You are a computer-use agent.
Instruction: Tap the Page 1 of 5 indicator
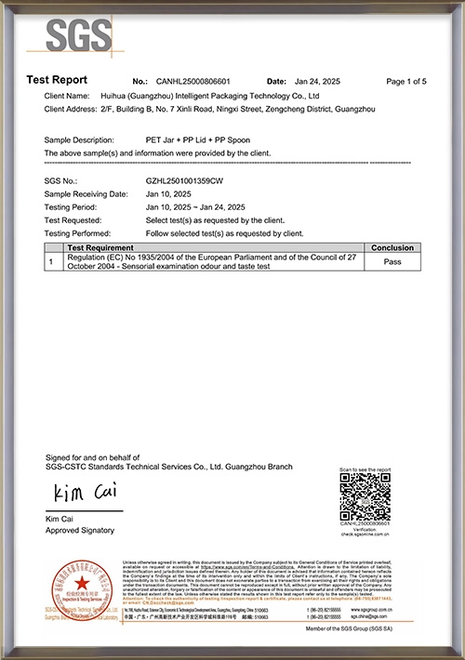coord(405,82)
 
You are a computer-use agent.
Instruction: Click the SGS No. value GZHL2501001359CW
coord(185,179)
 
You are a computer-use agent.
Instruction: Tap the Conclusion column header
coord(392,248)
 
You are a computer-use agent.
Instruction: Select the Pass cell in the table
coord(392,262)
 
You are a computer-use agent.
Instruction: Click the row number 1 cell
coord(51,262)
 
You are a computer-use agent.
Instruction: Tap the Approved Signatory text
coord(80,530)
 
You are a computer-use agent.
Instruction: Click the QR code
coord(365,496)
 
